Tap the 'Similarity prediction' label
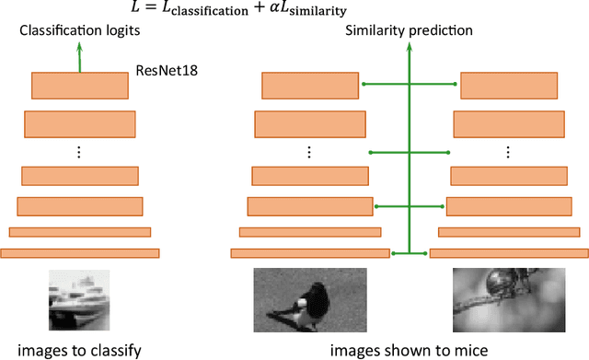pyautogui.click(x=409, y=31)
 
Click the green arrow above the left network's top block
pyautogui.click(x=79, y=58)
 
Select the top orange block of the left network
pyautogui.click(x=79, y=85)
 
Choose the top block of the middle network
pyautogui.click(x=308, y=85)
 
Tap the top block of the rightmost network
pyautogui.click(x=507, y=85)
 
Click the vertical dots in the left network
pyautogui.click(x=79, y=149)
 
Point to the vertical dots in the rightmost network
pyautogui.click(x=507, y=150)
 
